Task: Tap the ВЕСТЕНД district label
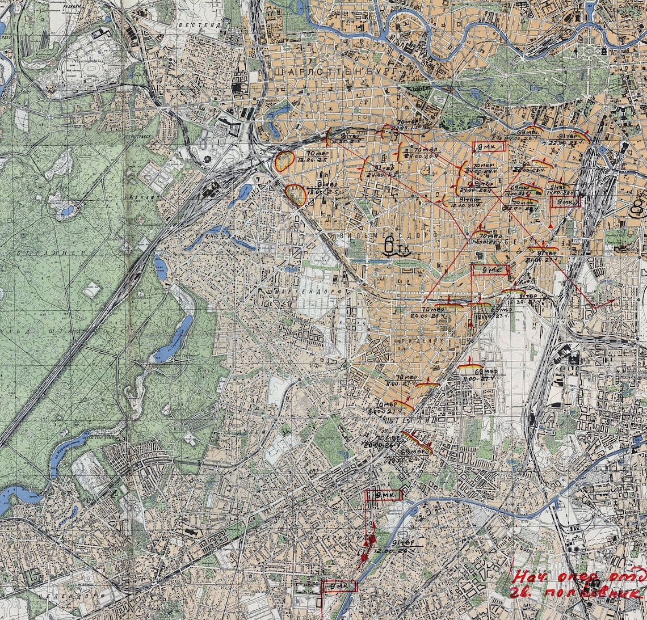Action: tap(198, 26)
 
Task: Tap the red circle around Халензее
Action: tap(295, 195)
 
